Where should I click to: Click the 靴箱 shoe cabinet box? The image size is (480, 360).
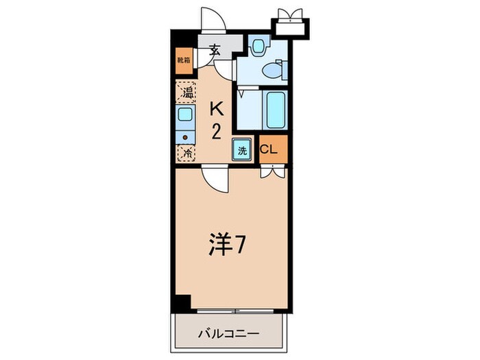click(184, 60)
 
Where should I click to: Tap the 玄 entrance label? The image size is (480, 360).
click(215, 50)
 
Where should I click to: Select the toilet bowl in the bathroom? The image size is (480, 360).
click(275, 69)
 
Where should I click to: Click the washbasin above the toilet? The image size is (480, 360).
click(258, 46)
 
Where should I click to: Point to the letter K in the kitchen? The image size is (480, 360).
click(216, 108)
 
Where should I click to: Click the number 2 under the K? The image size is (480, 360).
click(216, 132)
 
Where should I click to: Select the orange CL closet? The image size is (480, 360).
click(268, 150)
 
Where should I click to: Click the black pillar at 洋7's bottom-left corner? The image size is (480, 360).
click(182, 301)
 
